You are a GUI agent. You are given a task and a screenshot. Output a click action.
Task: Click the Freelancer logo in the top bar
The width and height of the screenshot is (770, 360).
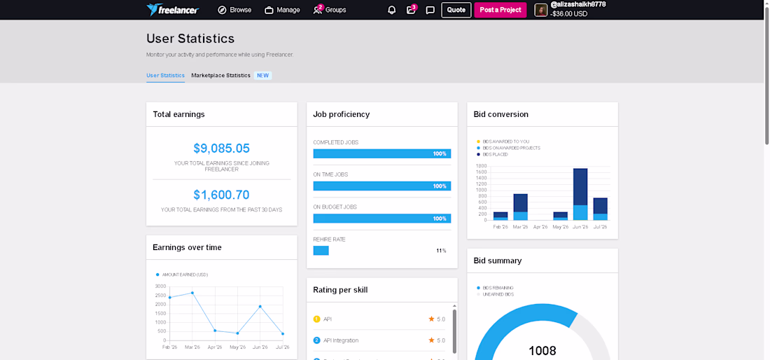click(172, 10)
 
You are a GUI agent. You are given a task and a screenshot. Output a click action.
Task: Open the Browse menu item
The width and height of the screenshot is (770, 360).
click(234, 10)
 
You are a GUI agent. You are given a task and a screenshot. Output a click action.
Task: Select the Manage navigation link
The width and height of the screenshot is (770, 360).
click(282, 10)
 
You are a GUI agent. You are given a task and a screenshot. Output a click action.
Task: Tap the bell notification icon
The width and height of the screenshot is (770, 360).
click(392, 11)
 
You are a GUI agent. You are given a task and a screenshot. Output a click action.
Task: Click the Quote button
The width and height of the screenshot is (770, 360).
click(456, 10)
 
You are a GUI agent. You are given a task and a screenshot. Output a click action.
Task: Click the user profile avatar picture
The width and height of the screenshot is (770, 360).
click(540, 10)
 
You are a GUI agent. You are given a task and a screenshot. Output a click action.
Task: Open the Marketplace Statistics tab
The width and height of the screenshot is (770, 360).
click(221, 76)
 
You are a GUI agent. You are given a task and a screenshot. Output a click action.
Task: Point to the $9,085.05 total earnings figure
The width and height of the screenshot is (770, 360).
click(221, 148)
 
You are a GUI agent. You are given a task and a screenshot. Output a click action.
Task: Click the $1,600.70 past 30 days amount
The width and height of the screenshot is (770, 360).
click(221, 195)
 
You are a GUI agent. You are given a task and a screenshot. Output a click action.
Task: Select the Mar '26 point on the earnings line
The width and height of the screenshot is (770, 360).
click(192, 293)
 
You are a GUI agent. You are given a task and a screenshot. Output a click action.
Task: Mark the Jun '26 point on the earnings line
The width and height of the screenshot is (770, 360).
click(260, 307)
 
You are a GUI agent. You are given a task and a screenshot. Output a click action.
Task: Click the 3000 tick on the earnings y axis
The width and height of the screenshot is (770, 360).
click(160, 286)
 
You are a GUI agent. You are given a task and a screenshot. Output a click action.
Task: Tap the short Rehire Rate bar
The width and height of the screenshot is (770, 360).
click(321, 251)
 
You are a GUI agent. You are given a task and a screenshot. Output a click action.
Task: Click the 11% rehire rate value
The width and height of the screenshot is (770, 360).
click(441, 251)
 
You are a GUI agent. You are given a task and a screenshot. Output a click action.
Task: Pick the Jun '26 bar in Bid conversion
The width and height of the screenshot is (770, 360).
click(580, 194)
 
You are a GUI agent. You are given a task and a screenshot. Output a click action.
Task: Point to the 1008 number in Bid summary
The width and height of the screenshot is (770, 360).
click(542, 351)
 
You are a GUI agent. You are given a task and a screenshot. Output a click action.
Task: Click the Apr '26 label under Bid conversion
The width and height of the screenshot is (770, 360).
click(540, 228)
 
